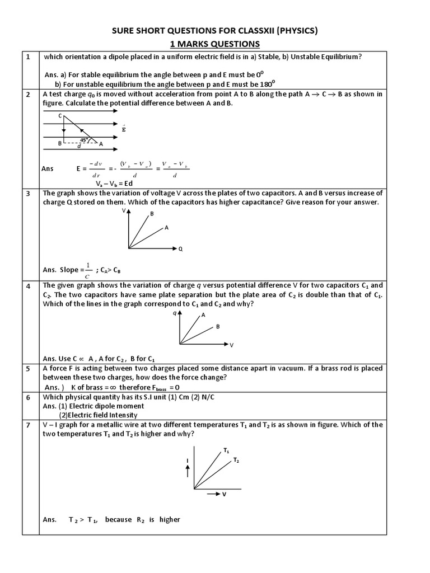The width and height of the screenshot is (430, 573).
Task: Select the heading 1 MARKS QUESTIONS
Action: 215,44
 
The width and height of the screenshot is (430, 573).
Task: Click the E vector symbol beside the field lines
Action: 124,129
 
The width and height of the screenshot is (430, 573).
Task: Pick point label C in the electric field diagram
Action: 60,115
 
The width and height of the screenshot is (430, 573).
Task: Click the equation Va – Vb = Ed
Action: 113,183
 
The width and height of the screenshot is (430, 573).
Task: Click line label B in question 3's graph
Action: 152,214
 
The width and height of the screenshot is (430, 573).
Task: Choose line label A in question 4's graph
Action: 203,315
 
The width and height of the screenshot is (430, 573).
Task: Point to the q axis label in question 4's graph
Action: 175,314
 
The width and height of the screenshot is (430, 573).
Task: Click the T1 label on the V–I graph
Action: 226,450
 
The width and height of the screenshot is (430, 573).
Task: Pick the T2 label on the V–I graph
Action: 236,461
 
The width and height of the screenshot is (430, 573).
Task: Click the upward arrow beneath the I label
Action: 188,471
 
